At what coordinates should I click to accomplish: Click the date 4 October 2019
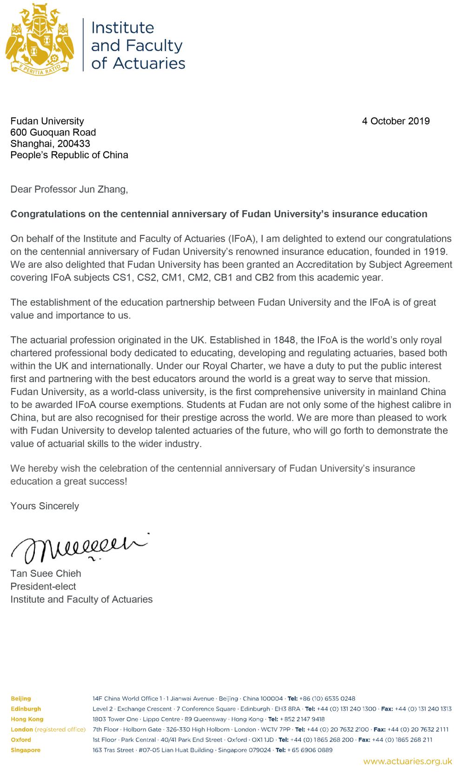coord(396,121)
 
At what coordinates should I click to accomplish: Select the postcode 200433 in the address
coord(74,143)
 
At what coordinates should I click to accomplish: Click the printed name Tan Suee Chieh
coord(46,573)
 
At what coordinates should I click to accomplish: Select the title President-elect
coord(43,586)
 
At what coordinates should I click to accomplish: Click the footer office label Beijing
coord(21,698)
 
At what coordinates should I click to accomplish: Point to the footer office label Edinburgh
coord(26,709)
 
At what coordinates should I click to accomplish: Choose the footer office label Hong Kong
coord(27,719)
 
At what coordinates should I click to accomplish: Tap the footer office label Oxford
coord(21,740)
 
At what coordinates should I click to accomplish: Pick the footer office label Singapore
coord(26,750)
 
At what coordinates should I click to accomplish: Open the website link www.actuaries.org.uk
coord(408,761)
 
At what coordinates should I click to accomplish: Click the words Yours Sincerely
coord(45,506)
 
